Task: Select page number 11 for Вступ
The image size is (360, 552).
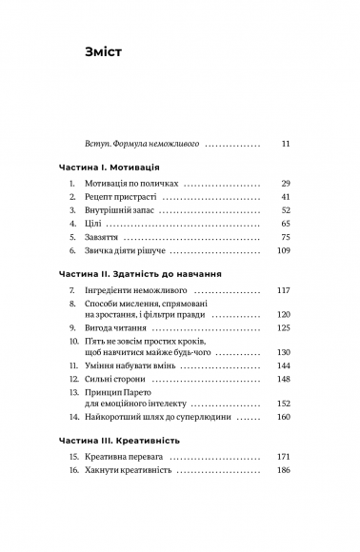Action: pyautogui.click(x=285, y=144)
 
